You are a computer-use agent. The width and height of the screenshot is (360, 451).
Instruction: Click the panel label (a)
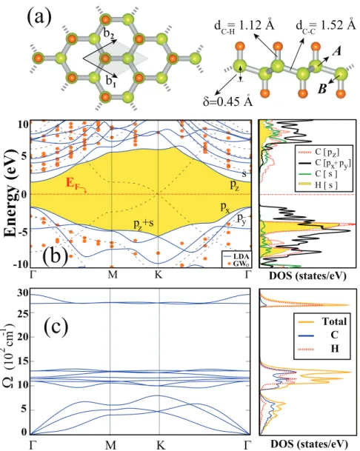pyautogui.click(x=39, y=16)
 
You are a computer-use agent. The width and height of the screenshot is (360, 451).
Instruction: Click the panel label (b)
pyautogui.click(x=56, y=255)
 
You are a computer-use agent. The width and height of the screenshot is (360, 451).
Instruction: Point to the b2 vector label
pyautogui.click(x=109, y=35)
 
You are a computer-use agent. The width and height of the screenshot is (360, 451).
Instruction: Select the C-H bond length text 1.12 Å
pyautogui.click(x=244, y=26)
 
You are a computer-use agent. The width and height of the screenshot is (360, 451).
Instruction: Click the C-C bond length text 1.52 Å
pyautogui.click(x=326, y=26)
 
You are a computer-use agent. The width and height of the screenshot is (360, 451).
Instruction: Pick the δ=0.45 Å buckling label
pyautogui.click(x=228, y=101)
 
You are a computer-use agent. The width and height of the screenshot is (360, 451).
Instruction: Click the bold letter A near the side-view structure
pyautogui.click(x=336, y=52)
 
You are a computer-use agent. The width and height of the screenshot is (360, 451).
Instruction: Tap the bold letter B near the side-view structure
pyautogui.click(x=322, y=89)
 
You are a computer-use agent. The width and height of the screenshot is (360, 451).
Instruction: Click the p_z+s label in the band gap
pyautogui.click(x=143, y=224)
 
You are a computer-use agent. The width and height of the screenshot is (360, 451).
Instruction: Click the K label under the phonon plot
pyautogui.click(x=160, y=445)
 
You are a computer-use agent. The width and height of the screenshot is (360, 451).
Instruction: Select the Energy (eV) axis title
pyautogui.click(x=11, y=193)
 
